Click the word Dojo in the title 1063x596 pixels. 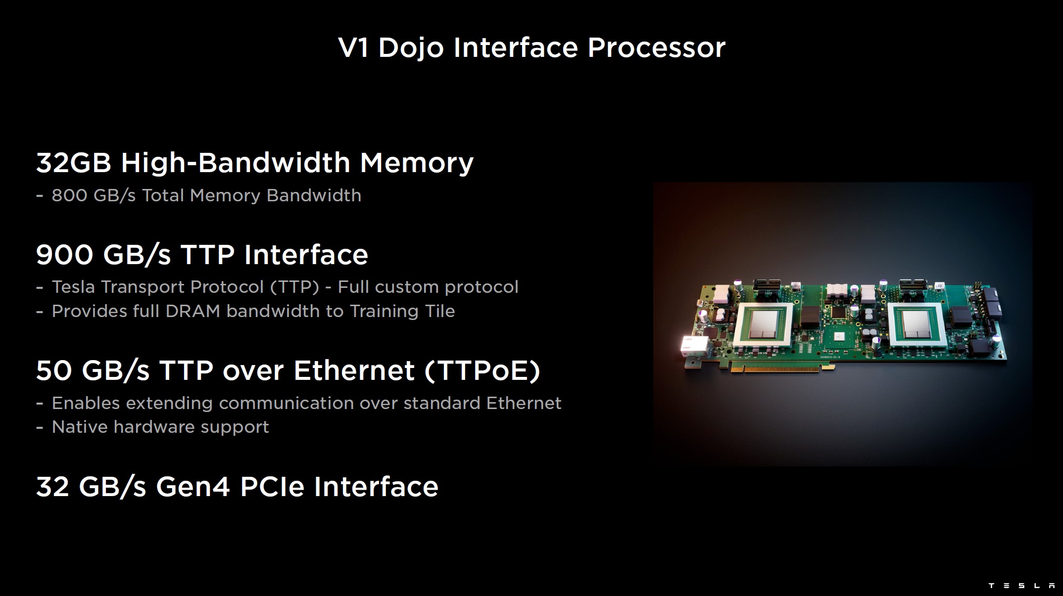click(x=411, y=48)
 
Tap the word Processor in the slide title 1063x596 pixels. click(x=656, y=48)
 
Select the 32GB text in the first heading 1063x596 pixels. click(x=74, y=163)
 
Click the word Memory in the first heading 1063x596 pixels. click(x=417, y=164)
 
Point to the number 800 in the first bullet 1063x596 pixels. click(x=69, y=195)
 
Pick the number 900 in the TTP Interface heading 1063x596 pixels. click(x=64, y=255)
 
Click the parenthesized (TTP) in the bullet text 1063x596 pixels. click(x=294, y=287)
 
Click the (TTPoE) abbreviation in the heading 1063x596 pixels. click(x=483, y=371)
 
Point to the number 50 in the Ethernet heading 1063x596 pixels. click(x=54, y=371)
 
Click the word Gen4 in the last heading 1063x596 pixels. click(x=193, y=487)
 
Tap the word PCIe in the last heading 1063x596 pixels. click(x=272, y=487)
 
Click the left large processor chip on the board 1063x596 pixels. click(x=764, y=324)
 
